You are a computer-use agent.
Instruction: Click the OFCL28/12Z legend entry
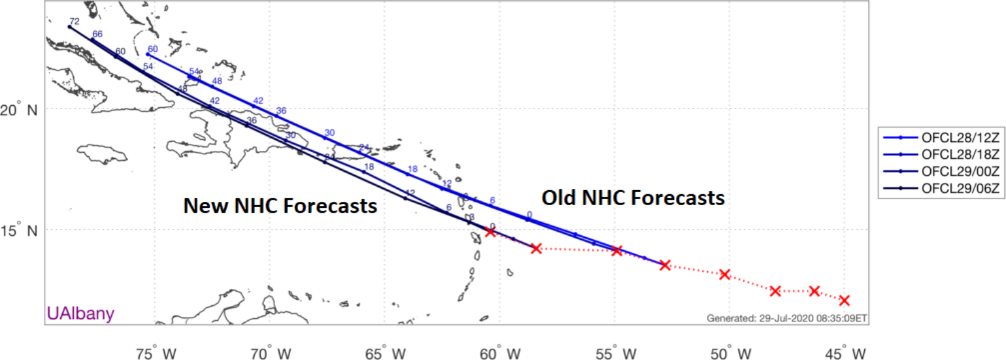[x=940, y=137]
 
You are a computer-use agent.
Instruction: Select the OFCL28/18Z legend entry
[x=940, y=154]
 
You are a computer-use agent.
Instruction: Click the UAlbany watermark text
[x=80, y=314]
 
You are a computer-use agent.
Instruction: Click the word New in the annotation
[x=205, y=206]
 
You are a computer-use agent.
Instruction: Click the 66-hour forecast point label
[x=97, y=34]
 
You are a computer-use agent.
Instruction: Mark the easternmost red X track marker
[x=844, y=301]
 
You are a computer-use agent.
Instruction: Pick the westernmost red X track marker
[x=491, y=232]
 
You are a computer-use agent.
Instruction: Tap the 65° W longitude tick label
[x=390, y=353]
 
